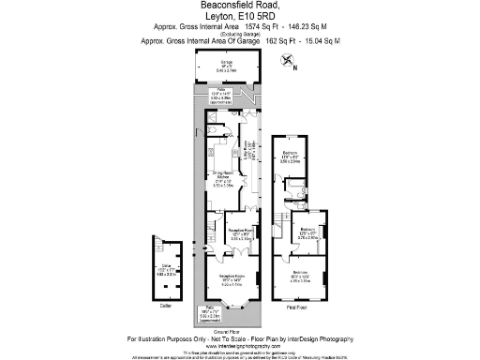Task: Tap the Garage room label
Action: (x=226, y=66)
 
